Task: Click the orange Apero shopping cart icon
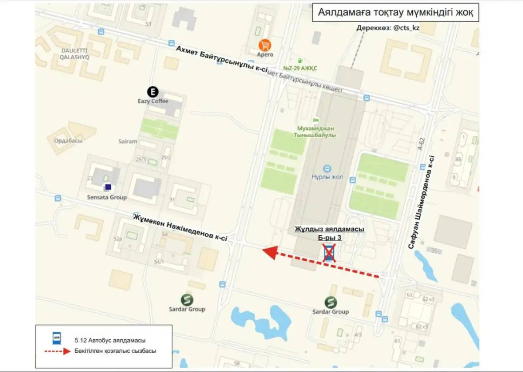point(265,45)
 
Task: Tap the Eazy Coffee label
point(153,101)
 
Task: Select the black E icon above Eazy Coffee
point(153,92)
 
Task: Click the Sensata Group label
point(107,197)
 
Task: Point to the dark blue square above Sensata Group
point(108,187)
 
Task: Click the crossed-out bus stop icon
point(329,253)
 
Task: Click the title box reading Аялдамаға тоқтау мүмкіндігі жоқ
point(395,12)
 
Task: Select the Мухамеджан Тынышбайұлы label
point(316,132)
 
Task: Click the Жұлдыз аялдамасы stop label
point(329,229)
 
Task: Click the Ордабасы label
point(68,141)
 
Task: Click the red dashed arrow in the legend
point(55,351)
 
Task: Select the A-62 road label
point(421,144)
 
